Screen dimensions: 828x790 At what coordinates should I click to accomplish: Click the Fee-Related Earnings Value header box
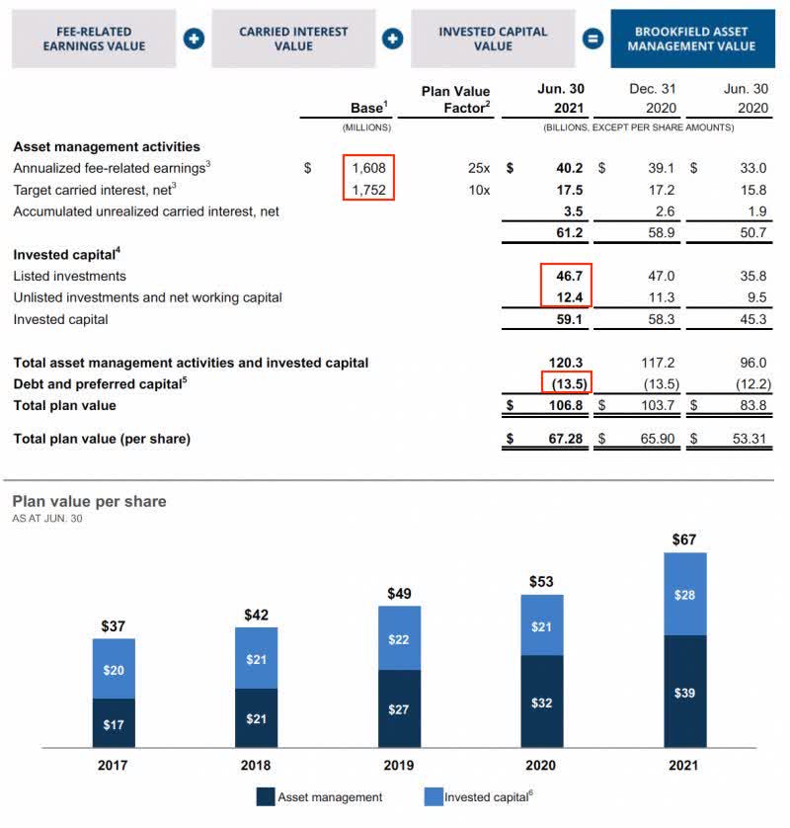95,39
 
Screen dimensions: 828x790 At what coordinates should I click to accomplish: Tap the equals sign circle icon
592,40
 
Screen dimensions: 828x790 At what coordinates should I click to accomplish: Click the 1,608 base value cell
368,168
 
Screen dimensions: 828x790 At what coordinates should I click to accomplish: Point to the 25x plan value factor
478,168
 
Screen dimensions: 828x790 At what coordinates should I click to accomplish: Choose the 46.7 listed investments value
568,276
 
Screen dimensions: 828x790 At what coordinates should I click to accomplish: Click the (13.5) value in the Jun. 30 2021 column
567,383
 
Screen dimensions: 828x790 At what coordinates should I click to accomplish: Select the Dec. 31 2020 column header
652,98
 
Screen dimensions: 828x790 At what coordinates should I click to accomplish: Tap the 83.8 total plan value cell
751,405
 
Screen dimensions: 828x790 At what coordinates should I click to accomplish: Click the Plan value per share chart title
89,502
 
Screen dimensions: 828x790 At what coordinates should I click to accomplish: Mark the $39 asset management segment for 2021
684,693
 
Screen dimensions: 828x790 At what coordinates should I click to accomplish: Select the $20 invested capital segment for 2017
114,670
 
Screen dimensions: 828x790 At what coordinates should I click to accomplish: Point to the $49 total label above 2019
399,593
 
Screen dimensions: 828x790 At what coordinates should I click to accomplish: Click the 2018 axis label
256,765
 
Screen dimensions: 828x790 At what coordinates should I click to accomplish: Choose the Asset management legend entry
319,796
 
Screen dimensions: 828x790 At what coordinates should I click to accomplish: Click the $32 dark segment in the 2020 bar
541,703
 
